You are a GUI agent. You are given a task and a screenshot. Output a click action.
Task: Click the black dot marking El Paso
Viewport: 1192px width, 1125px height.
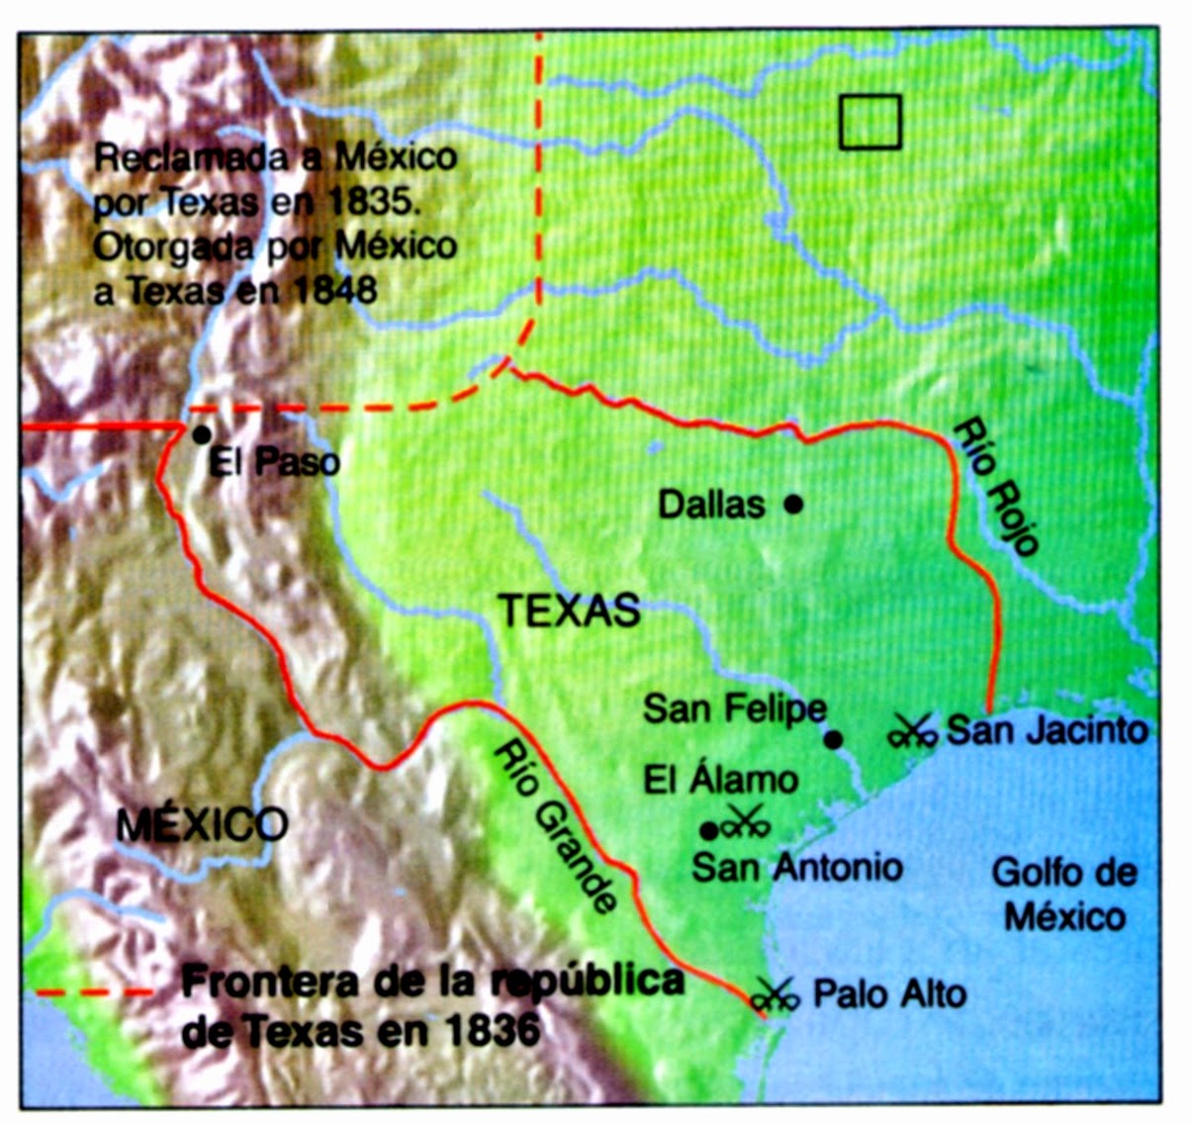coord(201,434)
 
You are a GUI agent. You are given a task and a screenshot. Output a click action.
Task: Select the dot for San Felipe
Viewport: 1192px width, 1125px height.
coord(834,738)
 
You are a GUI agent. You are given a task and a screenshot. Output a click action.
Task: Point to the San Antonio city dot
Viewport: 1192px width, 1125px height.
coord(708,829)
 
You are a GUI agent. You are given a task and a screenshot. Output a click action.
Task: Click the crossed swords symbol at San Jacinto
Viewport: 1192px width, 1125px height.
coord(912,732)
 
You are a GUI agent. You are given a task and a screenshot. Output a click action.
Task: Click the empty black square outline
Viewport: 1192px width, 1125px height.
coord(870,122)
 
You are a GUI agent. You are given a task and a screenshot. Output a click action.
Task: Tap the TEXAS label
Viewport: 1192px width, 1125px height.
coord(569,610)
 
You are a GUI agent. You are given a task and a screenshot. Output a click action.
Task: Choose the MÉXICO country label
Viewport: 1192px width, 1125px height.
coord(202,823)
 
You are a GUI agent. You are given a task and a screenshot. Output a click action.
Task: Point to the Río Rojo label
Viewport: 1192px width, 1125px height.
coord(996,485)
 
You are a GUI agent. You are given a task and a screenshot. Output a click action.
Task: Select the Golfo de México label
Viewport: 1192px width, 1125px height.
coord(1064,894)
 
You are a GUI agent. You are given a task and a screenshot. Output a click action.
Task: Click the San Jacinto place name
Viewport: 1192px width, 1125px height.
coord(1047,730)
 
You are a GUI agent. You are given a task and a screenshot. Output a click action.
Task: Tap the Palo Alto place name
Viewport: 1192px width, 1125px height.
coord(889,993)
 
